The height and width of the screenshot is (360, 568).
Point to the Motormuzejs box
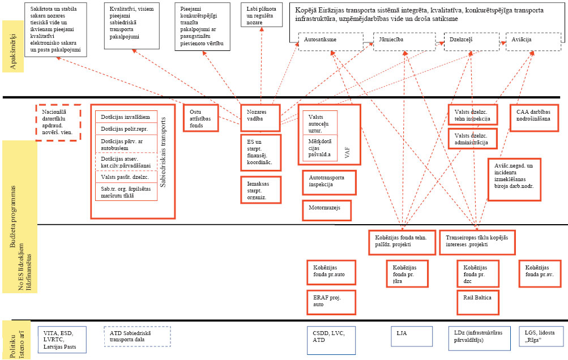(327, 210)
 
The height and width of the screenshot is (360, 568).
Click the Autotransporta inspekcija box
(330, 181)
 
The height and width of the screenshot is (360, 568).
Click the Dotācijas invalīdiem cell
(126, 117)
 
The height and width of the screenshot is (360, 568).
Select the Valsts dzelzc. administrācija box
(472, 139)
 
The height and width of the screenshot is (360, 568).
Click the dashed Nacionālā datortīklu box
(58, 121)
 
